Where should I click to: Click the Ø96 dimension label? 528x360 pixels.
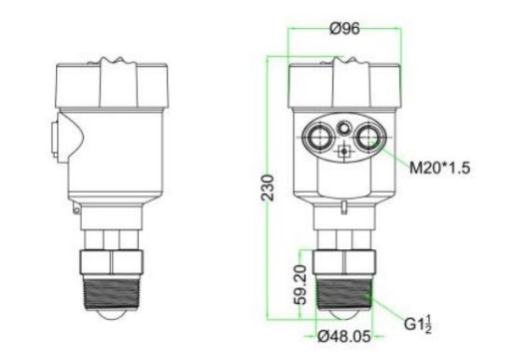click(x=344, y=28)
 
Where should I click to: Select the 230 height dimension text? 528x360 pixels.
click(x=269, y=187)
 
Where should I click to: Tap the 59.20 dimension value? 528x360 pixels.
click(x=300, y=284)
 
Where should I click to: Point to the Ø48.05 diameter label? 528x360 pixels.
click(x=344, y=336)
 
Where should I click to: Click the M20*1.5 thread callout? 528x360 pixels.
click(x=439, y=167)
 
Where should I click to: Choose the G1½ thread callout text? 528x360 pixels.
click(x=418, y=324)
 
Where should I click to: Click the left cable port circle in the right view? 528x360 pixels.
click(x=318, y=137)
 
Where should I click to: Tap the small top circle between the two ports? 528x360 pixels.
click(x=344, y=128)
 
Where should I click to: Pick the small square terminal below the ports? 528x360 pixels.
click(x=344, y=151)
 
